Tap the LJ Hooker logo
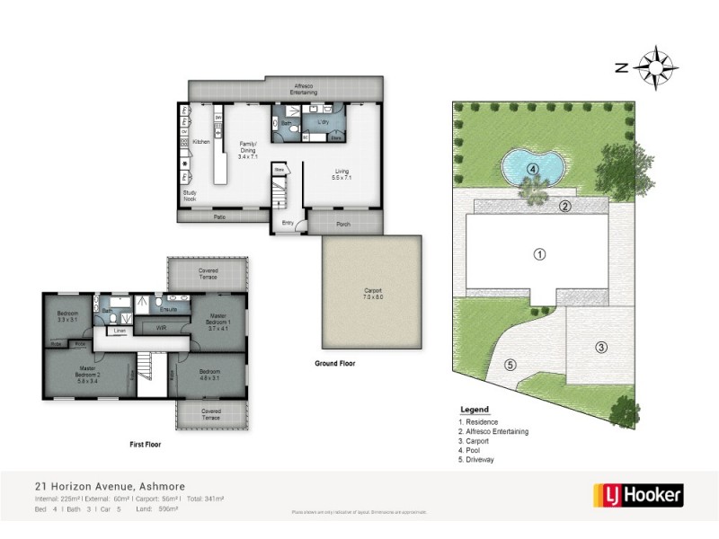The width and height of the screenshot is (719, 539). coord(638,494)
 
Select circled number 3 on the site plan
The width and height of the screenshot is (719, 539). coord(600,347)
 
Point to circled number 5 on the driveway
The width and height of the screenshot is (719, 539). coord(510,365)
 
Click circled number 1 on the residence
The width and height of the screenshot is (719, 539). coord(540,254)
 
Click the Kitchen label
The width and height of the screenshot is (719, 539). coord(201,141)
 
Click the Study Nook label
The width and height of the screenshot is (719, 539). coord(190,197)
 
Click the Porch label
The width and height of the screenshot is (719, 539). coord(343,224)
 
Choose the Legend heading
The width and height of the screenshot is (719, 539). coord(474,409)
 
